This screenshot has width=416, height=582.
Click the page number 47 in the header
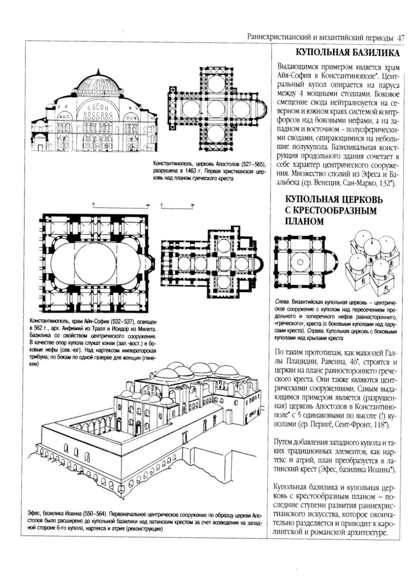(x=400, y=37)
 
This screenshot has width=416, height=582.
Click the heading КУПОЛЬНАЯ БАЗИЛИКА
(x=348, y=52)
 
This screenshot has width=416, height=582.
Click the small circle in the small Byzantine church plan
(x=298, y=262)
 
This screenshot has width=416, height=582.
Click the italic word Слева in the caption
(x=281, y=303)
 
